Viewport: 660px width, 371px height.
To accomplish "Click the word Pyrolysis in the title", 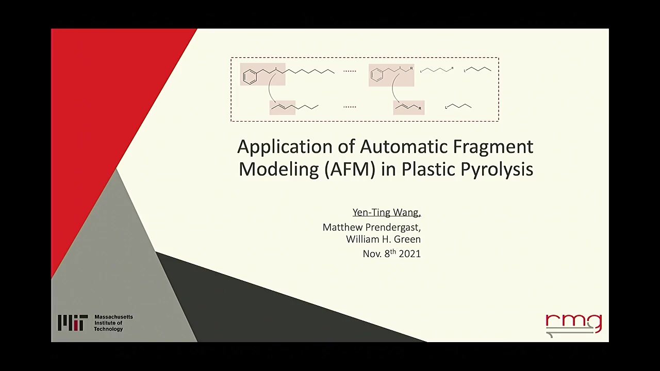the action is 497,170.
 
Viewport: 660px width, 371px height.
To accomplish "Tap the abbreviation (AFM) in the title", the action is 350,170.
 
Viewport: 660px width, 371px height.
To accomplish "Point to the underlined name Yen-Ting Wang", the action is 387,212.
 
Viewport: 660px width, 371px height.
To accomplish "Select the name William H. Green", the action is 383,239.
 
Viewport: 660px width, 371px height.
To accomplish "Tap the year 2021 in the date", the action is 409,254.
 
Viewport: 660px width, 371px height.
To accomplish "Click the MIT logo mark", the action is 73,323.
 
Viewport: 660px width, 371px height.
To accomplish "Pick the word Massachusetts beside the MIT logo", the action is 114,317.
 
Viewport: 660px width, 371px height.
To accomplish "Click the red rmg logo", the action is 574,325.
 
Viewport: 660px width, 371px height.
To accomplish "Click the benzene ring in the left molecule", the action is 250,77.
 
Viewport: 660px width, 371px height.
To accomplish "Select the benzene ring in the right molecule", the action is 376,75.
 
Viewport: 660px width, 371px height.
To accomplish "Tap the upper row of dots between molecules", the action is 350,71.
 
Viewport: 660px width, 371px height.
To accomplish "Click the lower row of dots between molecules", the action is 350,107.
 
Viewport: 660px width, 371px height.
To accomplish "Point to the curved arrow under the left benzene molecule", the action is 269,88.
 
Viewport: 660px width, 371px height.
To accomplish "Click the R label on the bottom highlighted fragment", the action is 420,108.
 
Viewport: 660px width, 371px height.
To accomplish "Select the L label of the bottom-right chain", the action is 446,108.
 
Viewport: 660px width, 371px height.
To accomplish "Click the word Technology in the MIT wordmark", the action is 108,329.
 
